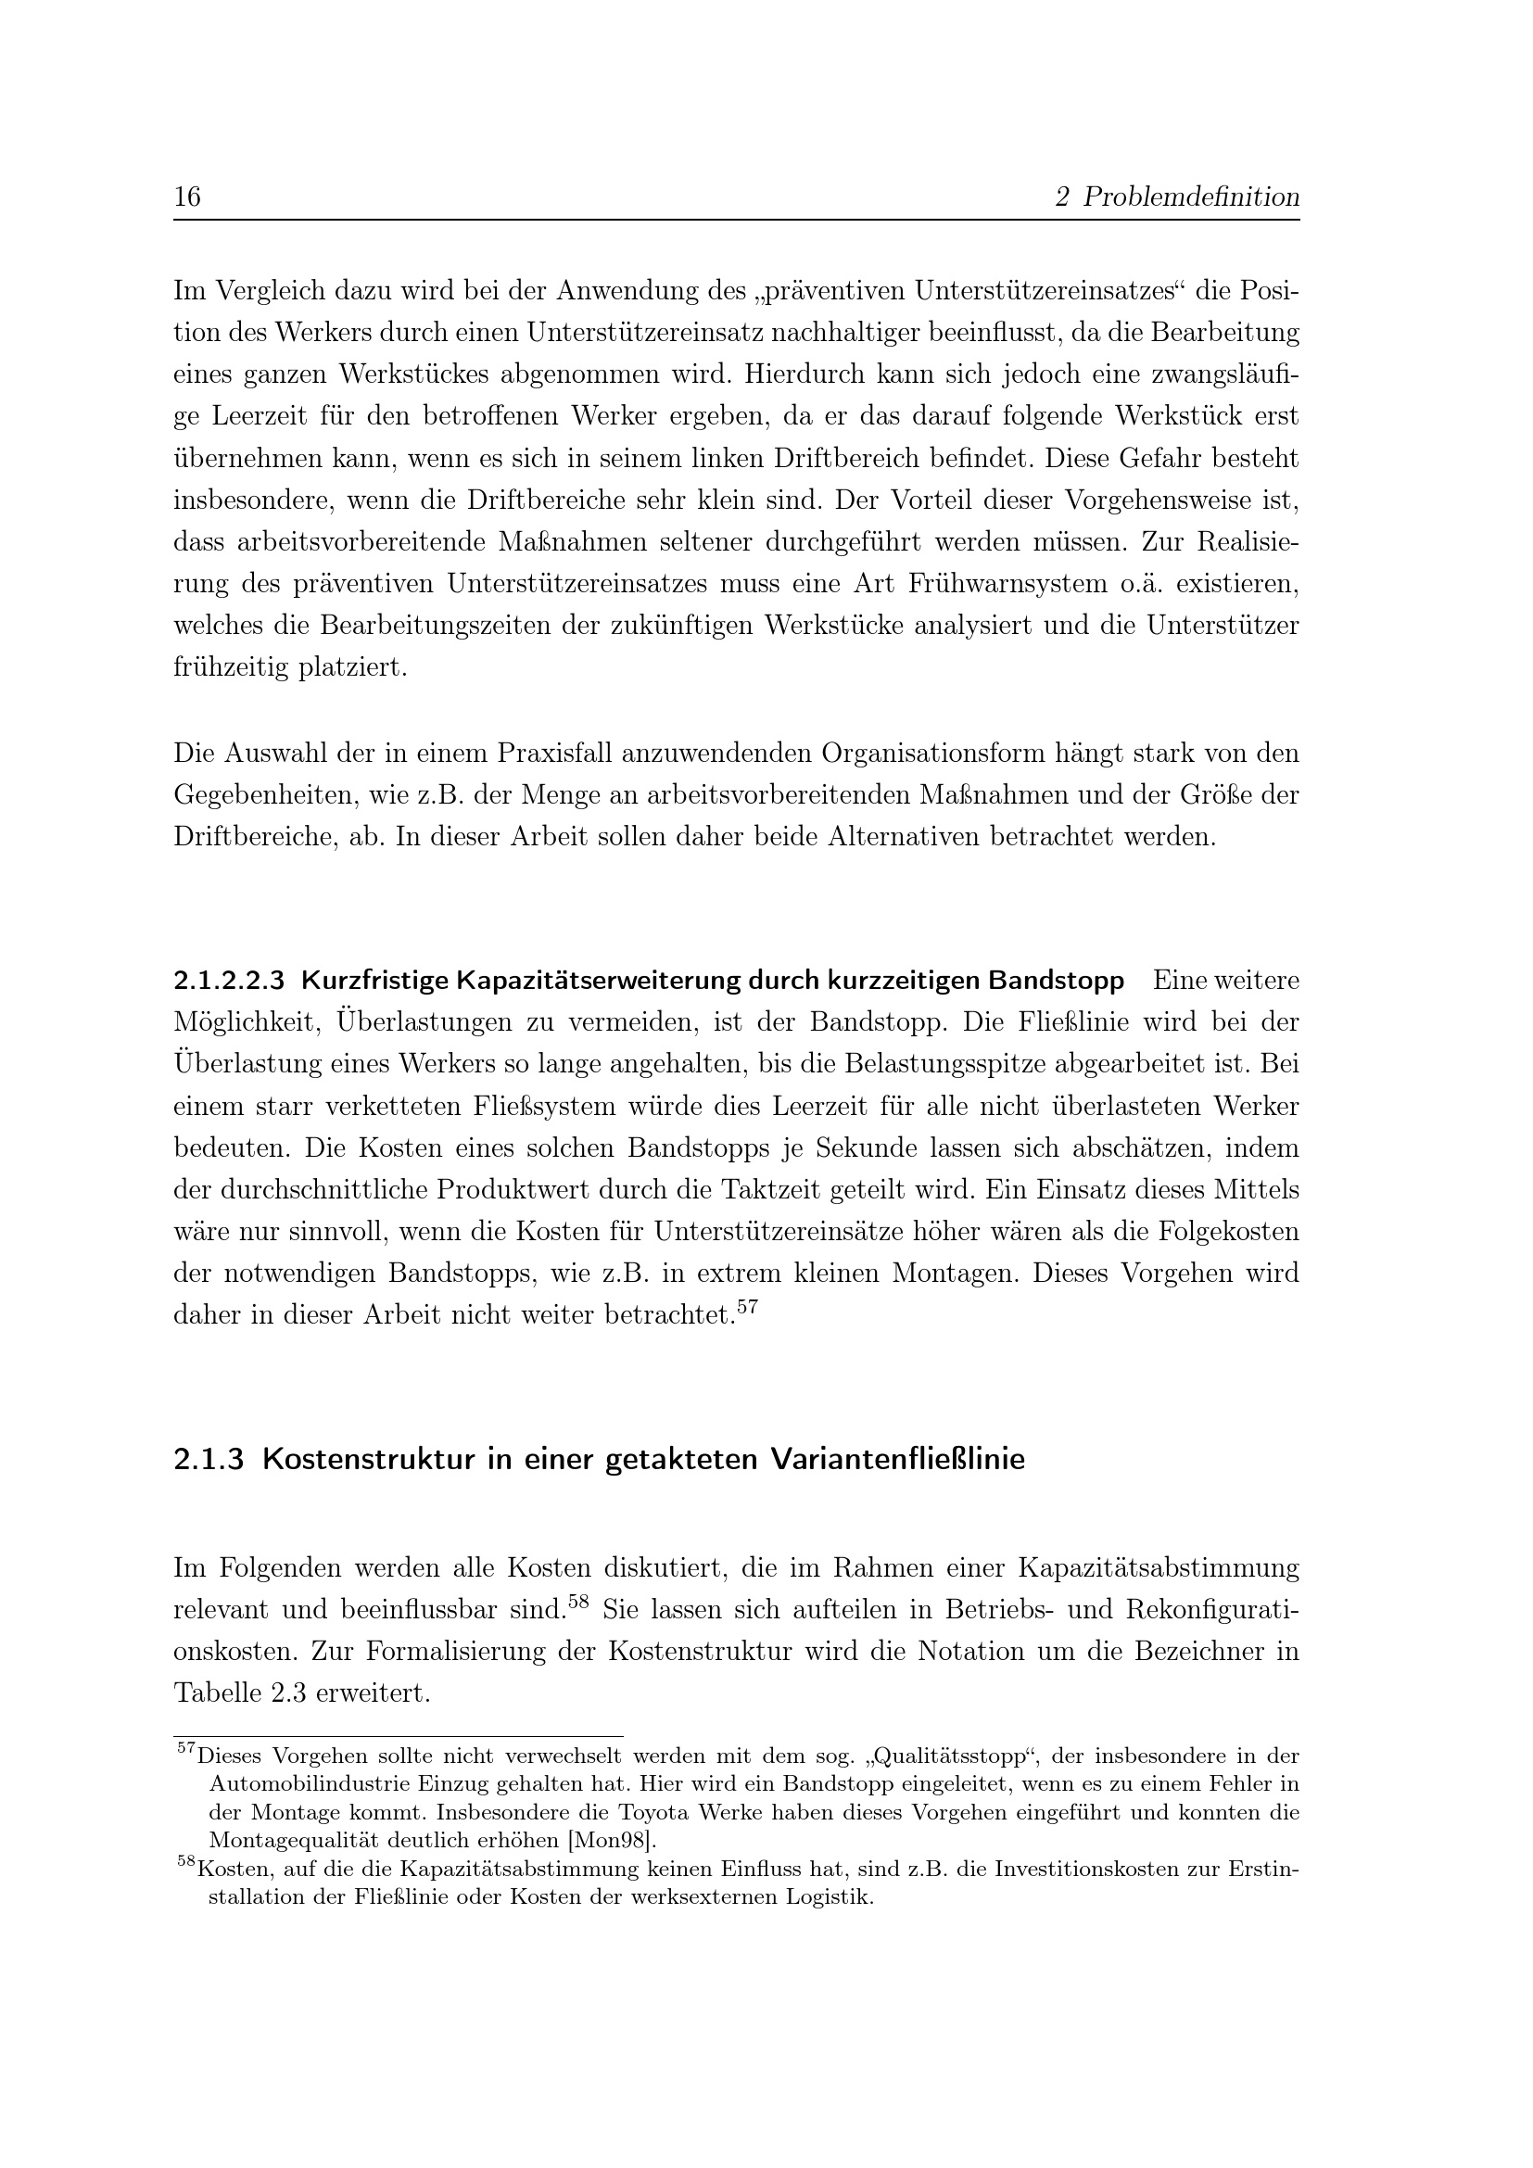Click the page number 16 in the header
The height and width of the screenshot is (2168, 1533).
coord(187,197)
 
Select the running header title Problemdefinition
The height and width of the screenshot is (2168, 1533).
coord(1190,197)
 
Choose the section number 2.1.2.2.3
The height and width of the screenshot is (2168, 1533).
coord(228,981)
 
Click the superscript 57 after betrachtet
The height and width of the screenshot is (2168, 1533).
coord(747,1306)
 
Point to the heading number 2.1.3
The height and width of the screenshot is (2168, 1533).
coord(209,1459)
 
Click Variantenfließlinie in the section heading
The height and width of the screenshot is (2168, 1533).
coord(897,1459)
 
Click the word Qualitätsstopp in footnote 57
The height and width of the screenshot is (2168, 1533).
coord(957,1757)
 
